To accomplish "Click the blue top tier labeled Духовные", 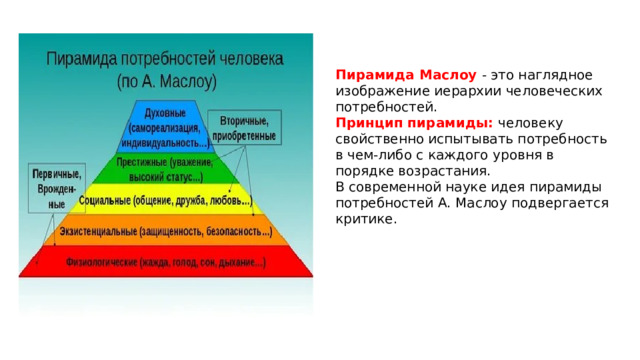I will (169, 125).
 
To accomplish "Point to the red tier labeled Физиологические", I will (165, 263).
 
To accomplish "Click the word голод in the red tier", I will (173, 263).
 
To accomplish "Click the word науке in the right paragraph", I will (450, 187).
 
